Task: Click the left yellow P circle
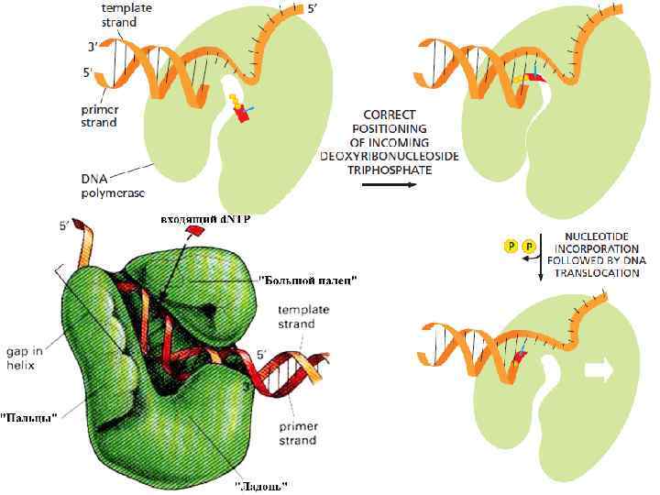pyautogui.click(x=511, y=246)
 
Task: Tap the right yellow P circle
pyautogui.click(x=529, y=246)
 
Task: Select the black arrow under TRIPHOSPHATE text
pyautogui.click(x=386, y=184)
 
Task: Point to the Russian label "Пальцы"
pyautogui.click(x=29, y=417)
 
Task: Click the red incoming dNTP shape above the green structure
pyautogui.click(x=193, y=235)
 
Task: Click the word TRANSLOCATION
pyautogui.click(x=594, y=273)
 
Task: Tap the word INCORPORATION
pyautogui.click(x=594, y=247)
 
